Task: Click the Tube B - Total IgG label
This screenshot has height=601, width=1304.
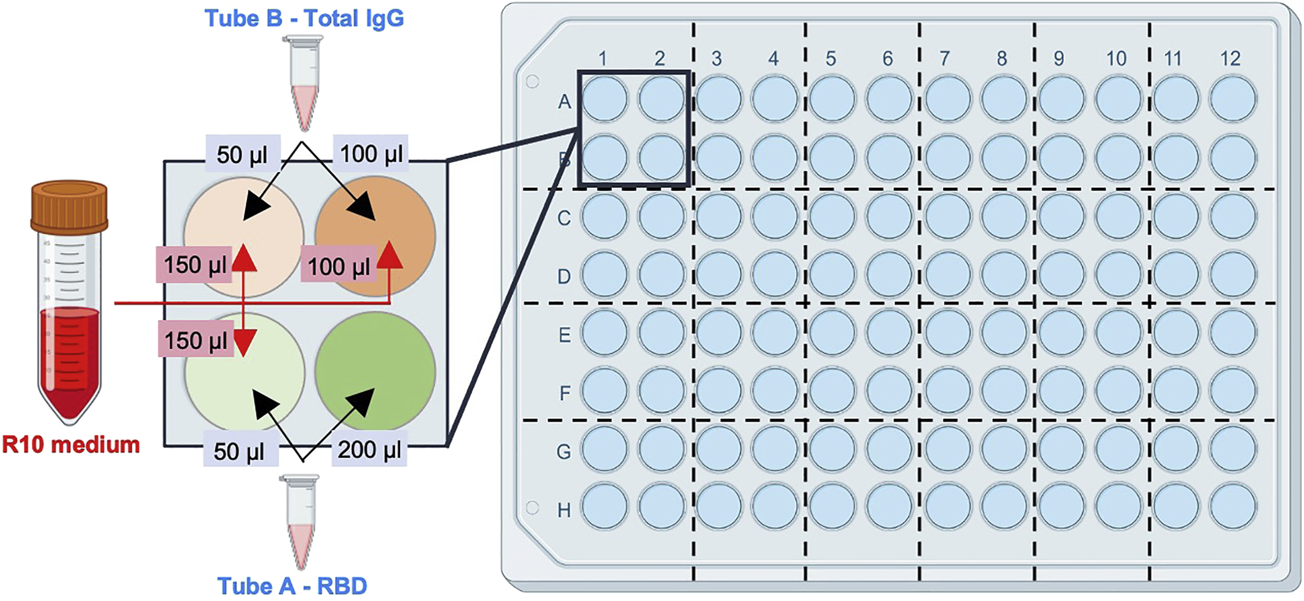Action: (x=304, y=19)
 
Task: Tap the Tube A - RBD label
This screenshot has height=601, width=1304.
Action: (x=292, y=586)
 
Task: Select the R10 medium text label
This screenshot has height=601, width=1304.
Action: (x=71, y=445)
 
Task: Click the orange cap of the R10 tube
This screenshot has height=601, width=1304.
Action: (x=69, y=207)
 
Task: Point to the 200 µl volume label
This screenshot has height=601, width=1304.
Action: (x=370, y=450)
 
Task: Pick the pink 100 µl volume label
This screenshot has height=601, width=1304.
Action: (x=339, y=266)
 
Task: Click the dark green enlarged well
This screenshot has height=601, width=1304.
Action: (x=375, y=371)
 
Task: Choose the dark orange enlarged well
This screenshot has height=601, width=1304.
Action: (x=375, y=235)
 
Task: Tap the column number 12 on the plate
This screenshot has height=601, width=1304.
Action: (x=1230, y=59)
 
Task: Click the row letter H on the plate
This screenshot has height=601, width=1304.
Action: (x=564, y=510)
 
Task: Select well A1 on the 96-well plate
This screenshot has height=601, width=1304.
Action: (x=604, y=99)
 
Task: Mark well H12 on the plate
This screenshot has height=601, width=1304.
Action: (x=1233, y=507)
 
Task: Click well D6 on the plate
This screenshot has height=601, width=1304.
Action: (x=889, y=274)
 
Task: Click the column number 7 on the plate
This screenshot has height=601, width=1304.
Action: (x=944, y=59)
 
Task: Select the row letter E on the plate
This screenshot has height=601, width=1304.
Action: (x=564, y=335)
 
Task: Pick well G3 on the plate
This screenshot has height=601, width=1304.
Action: (x=719, y=449)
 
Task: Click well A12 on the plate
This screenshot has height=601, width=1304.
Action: (x=1233, y=99)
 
